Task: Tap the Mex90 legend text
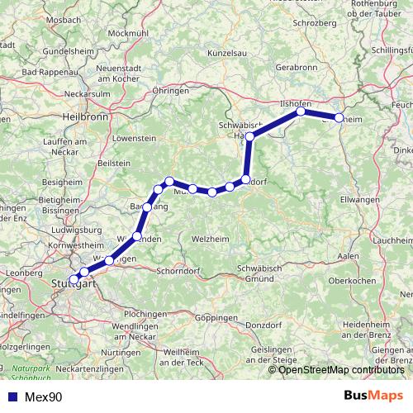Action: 43,397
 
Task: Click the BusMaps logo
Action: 373,396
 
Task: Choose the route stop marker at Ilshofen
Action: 301,111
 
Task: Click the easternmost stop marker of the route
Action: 339,118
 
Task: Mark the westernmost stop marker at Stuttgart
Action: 74,279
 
